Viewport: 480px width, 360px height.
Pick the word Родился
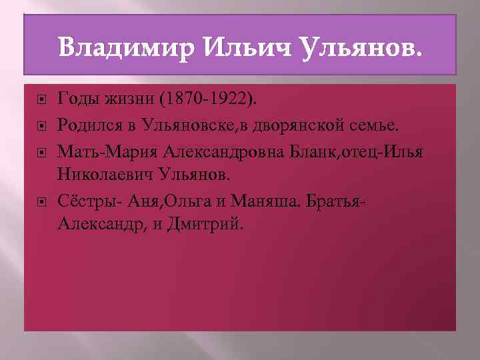pos(87,123)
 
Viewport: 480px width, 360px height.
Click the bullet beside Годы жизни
pos(42,101)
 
